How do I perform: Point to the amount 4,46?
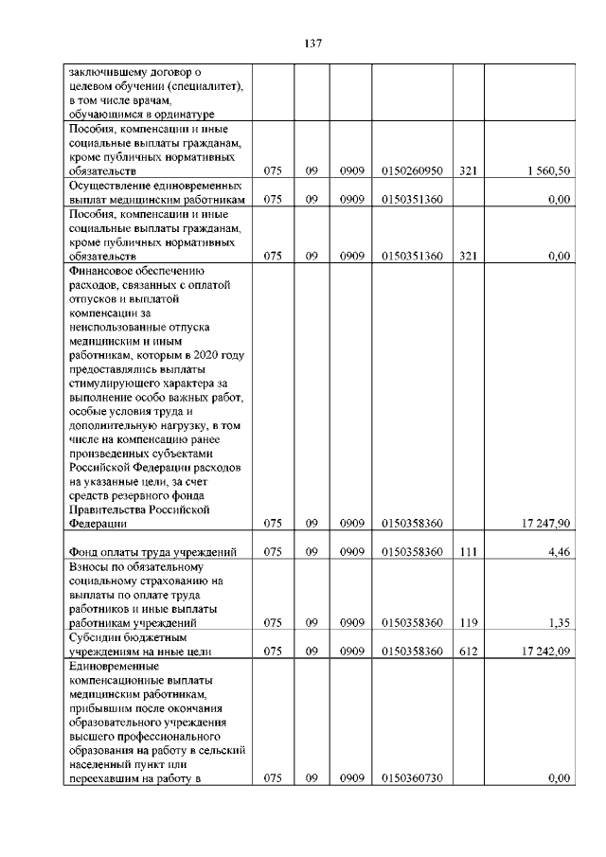point(559,551)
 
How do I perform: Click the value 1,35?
point(559,623)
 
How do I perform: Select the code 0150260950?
point(412,171)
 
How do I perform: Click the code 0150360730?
point(412,777)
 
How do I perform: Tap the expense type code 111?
point(468,551)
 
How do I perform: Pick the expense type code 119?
point(468,623)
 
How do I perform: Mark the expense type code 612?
point(468,651)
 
